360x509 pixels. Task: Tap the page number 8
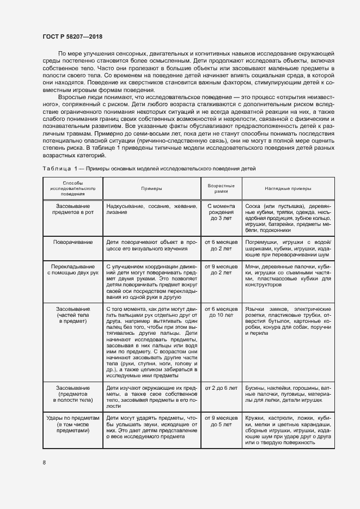[x=44, y=463]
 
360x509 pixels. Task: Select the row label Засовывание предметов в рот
[x=73, y=210]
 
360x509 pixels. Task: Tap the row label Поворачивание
[x=73, y=241]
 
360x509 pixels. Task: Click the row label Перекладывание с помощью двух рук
[x=73, y=269]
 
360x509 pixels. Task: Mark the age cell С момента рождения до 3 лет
[x=221, y=212]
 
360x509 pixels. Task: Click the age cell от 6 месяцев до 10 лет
[x=221, y=312]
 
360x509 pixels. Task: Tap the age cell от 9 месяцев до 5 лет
[x=221, y=421]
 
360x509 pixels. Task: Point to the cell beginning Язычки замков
[x=288, y=320]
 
